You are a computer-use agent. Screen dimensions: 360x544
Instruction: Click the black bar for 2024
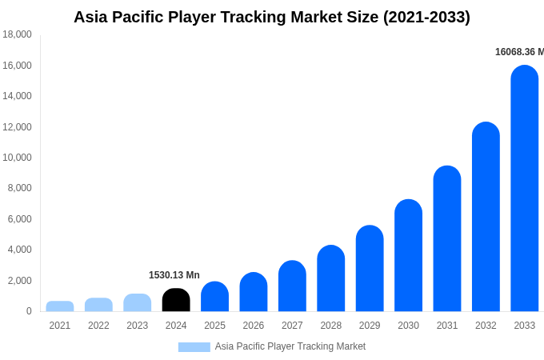(176, 300)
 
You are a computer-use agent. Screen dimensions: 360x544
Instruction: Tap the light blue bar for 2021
(60, 306)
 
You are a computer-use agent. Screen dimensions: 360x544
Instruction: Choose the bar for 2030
(408, 255)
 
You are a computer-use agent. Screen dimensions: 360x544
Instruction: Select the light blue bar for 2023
(138, 302)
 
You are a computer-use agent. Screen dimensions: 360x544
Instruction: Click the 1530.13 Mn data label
(174, 275)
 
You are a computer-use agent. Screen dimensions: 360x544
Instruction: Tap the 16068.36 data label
(518, 52)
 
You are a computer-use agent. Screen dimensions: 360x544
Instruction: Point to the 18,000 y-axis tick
(17, 34)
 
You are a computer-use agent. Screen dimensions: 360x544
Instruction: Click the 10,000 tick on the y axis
(17, 158)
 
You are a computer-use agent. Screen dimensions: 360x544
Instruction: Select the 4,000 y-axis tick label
(19, 250)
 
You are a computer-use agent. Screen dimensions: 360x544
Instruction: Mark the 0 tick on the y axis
(29, 311)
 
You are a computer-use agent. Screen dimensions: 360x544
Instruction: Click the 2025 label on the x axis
(214, 326)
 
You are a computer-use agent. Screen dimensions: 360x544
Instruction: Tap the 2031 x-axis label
(447, 326)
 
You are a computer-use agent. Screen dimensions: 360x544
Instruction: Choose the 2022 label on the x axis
(98, 326)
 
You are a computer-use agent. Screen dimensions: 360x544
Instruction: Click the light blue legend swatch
(194, 346)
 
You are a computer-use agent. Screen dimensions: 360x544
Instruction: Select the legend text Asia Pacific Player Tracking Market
(290, 346)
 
